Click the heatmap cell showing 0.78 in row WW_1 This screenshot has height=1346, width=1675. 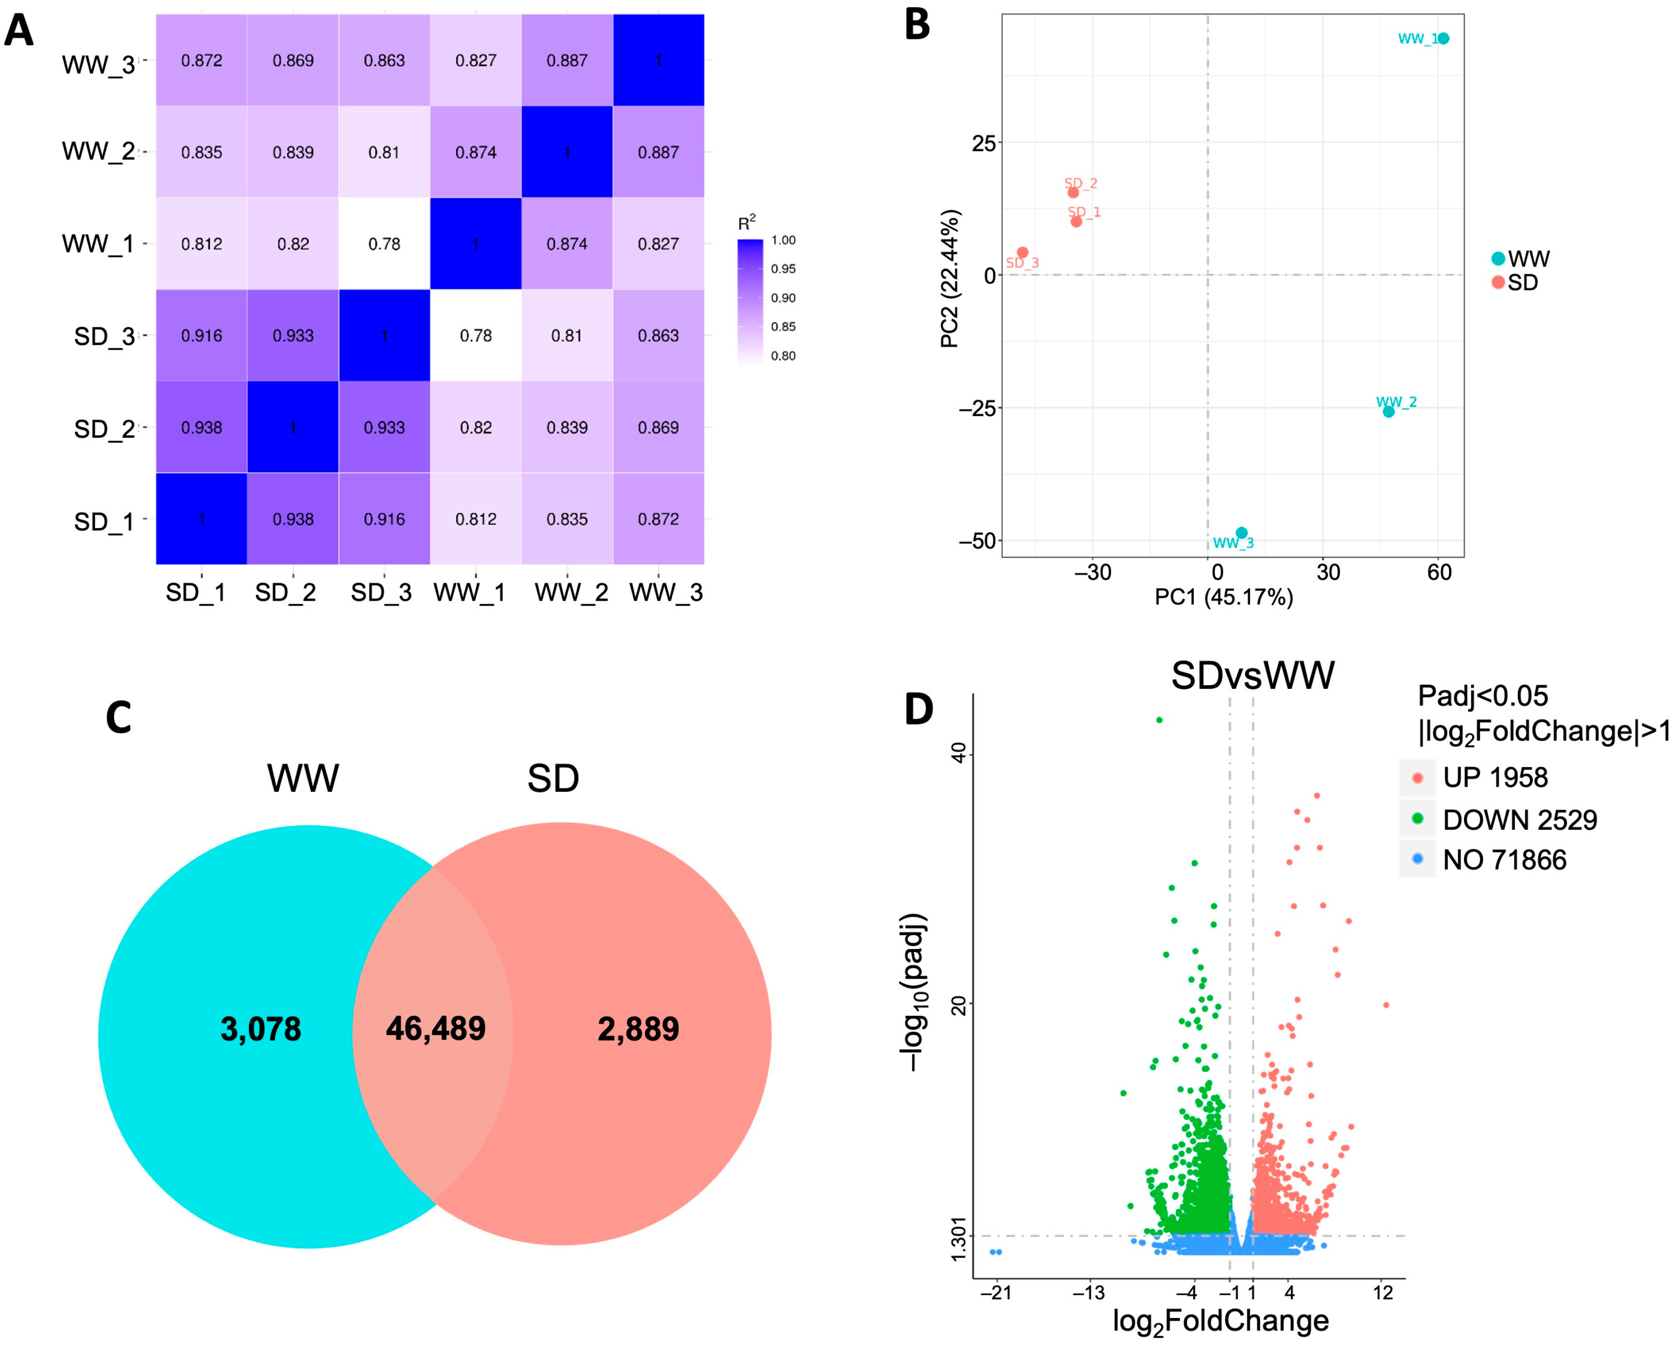tap(384, 244)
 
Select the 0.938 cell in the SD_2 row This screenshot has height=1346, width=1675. tap(201, 427)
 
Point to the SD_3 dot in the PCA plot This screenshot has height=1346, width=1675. tap(1022, 252)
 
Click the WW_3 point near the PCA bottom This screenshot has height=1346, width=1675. tap(1242, 533)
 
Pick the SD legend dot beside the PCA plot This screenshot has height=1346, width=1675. tap(1498, 282)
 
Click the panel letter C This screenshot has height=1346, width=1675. tap(119, 718)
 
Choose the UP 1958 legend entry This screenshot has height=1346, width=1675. tap(1494, 777)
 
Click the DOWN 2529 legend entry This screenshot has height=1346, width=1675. tap(1519, 820)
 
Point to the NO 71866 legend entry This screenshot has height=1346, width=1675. tap(1503, 860)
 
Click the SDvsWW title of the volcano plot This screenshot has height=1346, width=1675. tap(1252, 676)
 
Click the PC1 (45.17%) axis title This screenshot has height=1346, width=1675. tap(1223, 597)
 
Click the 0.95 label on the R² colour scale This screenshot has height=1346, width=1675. tap(783, 269)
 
